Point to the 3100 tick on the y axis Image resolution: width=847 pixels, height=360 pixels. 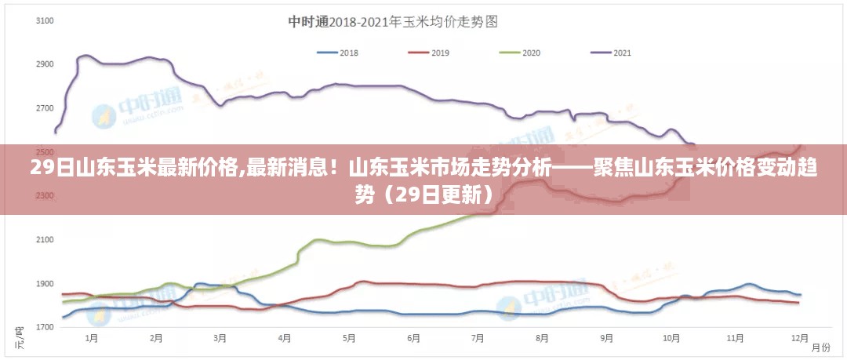tap(44, 20)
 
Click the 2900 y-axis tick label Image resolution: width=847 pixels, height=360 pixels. tap(44, 64)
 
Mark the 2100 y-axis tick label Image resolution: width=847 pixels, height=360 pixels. tap(44, 240)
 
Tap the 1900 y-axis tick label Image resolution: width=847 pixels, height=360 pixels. tap(44, 284)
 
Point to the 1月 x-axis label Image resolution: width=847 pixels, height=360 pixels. tap(92, 339)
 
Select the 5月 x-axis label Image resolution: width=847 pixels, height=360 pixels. tap(349, 339)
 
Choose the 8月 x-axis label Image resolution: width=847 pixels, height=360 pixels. tap(542, 339)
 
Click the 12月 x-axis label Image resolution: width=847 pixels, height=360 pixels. tap(799, 339)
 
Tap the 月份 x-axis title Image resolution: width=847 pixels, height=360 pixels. tap(820, 347)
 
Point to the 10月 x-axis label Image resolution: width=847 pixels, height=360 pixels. tap(671, 339)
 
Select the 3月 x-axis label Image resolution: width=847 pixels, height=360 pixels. tap(220, 339)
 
